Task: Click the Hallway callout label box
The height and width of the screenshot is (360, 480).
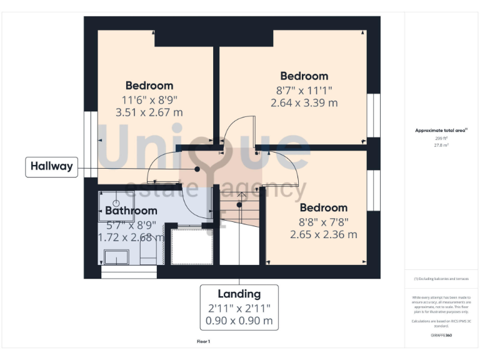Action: (51, 167)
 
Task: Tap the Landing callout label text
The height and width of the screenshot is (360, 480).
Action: (239, 294)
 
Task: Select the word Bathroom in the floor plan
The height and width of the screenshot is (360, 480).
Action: (131, 211)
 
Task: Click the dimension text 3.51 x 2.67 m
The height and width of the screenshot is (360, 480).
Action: (149, 112)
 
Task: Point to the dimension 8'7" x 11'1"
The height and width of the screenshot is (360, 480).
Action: (304, 90)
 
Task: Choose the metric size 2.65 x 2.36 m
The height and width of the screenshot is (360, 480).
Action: (323, 235)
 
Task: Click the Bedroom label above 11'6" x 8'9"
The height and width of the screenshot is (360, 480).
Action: (149, 86)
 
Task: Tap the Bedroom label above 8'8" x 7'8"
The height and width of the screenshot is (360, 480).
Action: (323, 207)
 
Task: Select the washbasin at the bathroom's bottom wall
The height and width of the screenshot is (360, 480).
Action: (116, 257)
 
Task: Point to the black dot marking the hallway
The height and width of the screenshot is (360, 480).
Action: (197, 169)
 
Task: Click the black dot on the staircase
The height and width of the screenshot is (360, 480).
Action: (239, 204)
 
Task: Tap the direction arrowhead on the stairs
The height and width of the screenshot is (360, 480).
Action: (241, 194)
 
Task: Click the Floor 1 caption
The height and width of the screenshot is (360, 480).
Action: (204, 342)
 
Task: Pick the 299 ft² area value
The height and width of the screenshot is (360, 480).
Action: (441, 138)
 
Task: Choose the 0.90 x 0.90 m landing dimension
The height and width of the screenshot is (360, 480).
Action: (239, 321)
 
